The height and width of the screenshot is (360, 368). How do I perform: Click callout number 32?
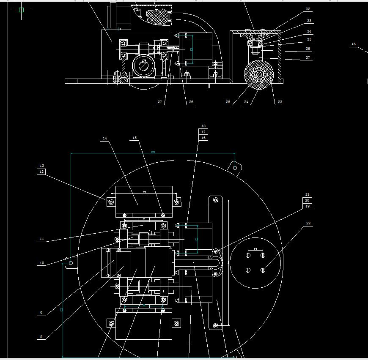click(x=308, y=9)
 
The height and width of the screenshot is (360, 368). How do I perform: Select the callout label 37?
click(x=308, y=57)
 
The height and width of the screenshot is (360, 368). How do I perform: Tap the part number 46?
click(x=354, y=44)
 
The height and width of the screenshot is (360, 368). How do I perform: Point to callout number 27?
click(x=160, y=102)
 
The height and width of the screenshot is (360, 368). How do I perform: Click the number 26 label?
click(x=191, y=102)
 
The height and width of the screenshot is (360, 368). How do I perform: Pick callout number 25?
click(x=228, y=102)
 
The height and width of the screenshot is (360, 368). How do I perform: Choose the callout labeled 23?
click(x=280, y=102)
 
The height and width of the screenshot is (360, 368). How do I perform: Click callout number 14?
click(x=104, y=138)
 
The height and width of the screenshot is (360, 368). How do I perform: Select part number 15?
click(x=135, y=138)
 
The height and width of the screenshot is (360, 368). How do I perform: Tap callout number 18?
click(x=203, y=126)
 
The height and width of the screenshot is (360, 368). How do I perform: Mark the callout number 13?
click(x=41, y=166)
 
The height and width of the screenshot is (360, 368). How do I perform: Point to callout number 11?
click(x=41, y=239)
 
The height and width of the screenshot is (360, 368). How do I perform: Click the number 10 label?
click(x=41, y=263)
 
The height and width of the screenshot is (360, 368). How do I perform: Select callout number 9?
click(x=41, y=313)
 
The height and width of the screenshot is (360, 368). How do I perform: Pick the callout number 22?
click(x=308, y=223)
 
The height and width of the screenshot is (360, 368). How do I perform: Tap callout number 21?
click(x=308, y=195)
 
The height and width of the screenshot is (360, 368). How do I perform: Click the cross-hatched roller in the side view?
click(x=258, y=74)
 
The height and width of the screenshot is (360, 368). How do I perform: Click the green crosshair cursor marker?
click(x=21, y=10)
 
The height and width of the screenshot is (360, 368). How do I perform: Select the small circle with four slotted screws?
click(x=255, y=262)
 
